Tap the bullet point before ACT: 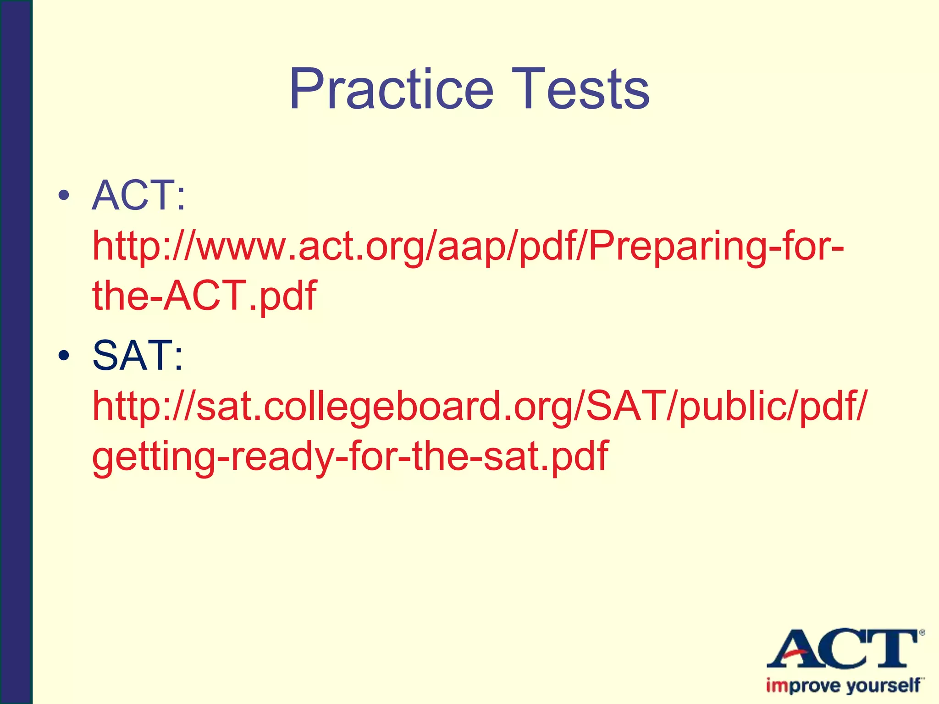[64, 196]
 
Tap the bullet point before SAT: [64, 355]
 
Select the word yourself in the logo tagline [883, 686]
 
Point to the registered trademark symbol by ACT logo [922, 633]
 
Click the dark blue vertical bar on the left [16, 352]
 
